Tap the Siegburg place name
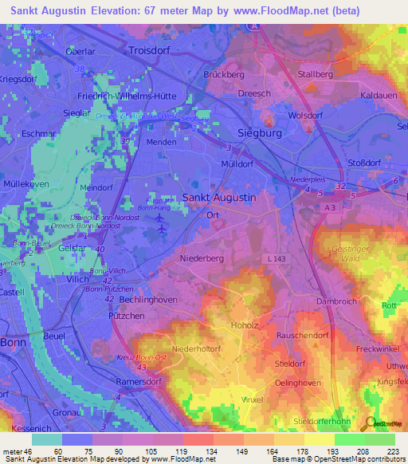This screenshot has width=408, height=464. tap(261, 133)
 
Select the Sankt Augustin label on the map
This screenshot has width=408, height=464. tap(220, 197)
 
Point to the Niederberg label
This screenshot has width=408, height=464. tap(205, 258)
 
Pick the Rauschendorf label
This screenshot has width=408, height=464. tap(302, 336)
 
